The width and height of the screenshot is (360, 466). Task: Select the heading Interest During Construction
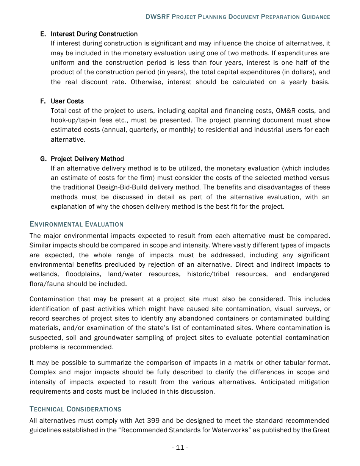(94, 34)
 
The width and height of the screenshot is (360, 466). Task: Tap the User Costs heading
(67, 101)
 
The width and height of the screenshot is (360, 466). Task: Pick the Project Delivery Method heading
(87, 159)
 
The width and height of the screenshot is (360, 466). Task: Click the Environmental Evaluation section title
(77, 224)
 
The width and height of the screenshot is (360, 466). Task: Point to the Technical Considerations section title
(75, 409)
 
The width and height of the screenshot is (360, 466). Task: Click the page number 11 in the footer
(180, 448)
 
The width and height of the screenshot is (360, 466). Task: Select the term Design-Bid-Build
(121, 187)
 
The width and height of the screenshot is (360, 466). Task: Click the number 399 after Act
(153, 421)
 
